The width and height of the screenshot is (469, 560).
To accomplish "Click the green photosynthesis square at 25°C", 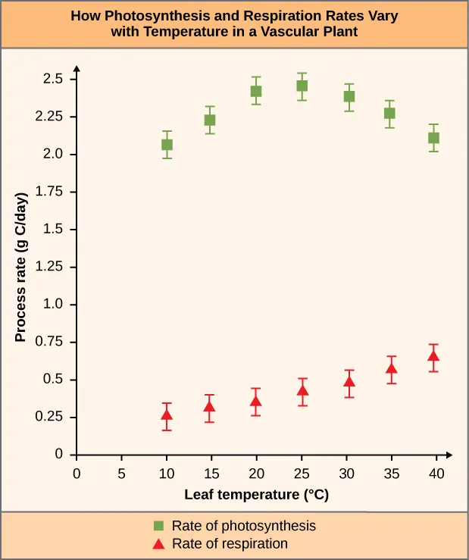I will pos(302,86).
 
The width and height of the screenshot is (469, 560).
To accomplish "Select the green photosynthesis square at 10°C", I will pos(167,145).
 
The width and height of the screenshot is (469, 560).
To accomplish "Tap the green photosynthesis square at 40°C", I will pos(433,138).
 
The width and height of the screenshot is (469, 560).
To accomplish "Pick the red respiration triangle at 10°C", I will pos(167,415).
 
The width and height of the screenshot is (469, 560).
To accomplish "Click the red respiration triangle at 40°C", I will pos(433,355).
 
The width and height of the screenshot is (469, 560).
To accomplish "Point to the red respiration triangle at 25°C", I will pos(302,391).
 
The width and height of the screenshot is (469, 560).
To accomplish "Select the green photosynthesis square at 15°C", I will pos(210,120).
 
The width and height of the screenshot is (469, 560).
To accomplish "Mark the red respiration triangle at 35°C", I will pos(391,369).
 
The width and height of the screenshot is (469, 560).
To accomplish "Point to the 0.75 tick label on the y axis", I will pos(55,343).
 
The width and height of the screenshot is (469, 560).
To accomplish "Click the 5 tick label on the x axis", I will pos(120,474).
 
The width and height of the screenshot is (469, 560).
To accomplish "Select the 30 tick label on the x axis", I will pos(345,474).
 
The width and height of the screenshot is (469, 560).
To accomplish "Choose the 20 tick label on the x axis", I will pos(255,474).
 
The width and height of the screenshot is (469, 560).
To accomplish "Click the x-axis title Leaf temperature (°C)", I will pos(256,496).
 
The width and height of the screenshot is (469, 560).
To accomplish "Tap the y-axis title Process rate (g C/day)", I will pos(22,267).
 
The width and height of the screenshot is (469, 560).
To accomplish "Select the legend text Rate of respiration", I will pos(230,543).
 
